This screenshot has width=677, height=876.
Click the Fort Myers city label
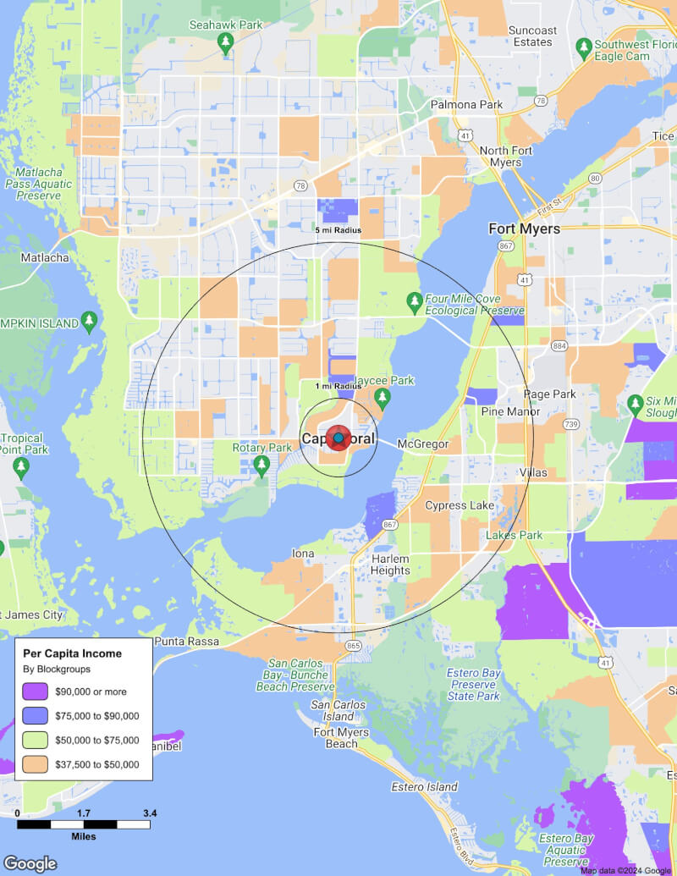coord(525,229)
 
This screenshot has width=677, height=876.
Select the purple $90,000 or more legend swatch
coord(36,691)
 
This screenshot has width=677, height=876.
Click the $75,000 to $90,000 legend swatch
coord(36,716)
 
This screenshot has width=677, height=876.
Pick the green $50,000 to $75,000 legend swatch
coord(36,741)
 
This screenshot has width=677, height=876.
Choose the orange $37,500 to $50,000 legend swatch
coord(36,765)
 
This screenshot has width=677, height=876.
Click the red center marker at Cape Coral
coord(338,438)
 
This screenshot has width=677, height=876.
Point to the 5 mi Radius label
coord(338,230)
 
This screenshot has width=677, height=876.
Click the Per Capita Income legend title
coord(72,653)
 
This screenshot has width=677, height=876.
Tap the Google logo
coord(30,863)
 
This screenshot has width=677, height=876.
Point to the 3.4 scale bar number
coord(150,813)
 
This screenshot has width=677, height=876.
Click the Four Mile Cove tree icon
coord(414,300)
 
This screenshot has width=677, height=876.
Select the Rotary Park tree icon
coord(261,465)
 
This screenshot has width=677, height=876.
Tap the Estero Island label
coord(424,786)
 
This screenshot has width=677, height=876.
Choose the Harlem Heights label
coord(390,565)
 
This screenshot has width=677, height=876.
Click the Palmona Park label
coord(466,105)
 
